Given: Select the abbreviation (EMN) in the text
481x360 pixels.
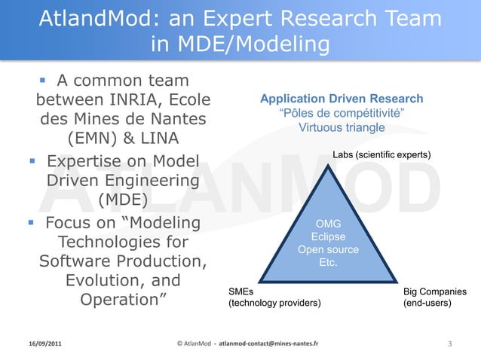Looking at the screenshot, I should [x=96, y=139].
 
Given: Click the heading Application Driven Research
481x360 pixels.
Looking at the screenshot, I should [x=342, y=99].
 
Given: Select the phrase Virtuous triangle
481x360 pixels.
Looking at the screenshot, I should [x=342, y=127].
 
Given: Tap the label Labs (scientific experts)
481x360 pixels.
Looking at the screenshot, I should [x=381, y=154].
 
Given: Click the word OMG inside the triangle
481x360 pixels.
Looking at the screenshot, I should [x=328, y=224].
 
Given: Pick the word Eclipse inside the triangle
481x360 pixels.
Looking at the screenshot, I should [x=328, y=236].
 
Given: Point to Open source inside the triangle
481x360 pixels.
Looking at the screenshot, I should [x=328, y=250].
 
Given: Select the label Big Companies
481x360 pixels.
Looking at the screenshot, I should [x=434, y=291].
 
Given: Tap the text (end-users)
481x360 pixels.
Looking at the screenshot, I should [x=427, y=304].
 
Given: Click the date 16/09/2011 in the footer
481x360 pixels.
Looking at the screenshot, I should [x=41, y=344].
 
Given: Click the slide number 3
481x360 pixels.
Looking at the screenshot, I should [x=449, y=344].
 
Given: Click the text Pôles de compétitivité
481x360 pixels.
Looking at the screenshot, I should [x=342, y=113].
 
